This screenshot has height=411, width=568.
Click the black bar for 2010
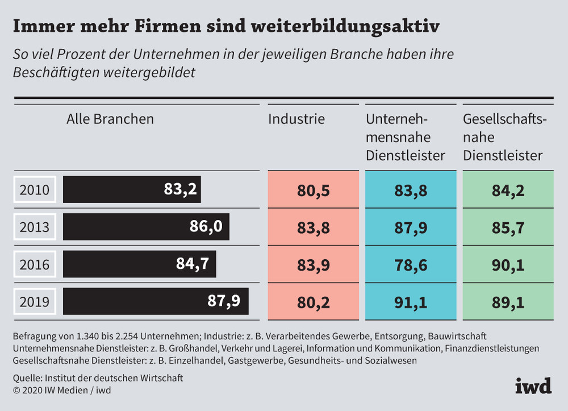[132, 189]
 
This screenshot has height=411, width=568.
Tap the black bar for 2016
[139, 264]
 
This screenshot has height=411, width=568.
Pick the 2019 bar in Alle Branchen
[156, 301]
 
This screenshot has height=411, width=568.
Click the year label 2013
[34, 227]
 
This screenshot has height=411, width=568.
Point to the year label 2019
[34, 301]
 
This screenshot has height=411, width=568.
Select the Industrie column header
[296, 119]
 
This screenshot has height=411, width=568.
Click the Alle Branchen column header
[110, 119]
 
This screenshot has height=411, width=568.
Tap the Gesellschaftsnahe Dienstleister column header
[504, 137]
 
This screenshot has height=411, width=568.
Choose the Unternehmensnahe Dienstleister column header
[406, 137]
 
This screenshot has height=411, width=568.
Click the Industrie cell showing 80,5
[313, 190]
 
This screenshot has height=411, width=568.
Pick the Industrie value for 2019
[313, 301]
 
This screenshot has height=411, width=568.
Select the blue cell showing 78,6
[411, 264]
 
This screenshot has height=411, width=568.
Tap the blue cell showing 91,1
[411, 301]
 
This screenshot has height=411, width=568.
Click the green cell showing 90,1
[508, 264]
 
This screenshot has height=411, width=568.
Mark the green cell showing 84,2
[508, 190]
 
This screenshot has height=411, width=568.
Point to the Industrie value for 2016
[313, 264]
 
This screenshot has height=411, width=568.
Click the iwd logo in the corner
[533, 386]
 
